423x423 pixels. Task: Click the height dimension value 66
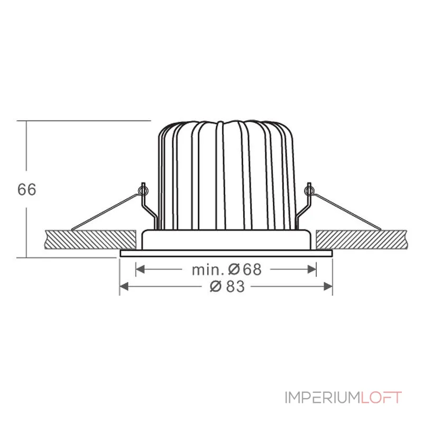[x=27, y=189]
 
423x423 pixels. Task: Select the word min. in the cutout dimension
[x=208, y=270]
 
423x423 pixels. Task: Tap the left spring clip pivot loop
[x=142, y=188]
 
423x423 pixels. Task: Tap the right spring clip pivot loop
[x=310, y=188]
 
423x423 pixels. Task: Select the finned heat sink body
[x=226, y=174]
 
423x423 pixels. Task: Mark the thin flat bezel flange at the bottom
[x=226, y=254]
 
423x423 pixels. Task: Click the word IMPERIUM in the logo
[x=322, y=398]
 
